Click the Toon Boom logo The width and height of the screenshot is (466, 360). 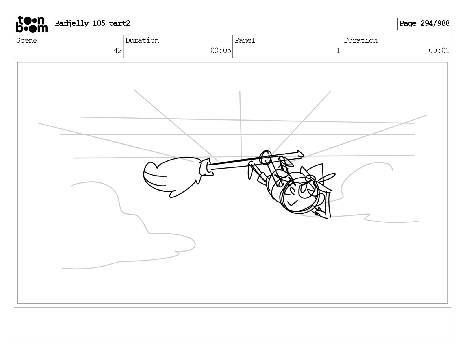[x=32, y=24]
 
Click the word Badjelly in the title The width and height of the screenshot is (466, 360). [x=72, y=23]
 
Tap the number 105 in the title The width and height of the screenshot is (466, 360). [x=99, y=23]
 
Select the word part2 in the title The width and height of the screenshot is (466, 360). [x=119, y=23]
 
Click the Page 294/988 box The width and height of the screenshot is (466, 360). [x=424, y=24]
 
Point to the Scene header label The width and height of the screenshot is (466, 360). [x=27, y=40]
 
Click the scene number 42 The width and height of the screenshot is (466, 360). [x=118, y=50]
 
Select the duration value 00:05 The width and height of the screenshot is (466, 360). [x=221, y=50]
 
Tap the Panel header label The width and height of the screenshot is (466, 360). [x=245, y=40]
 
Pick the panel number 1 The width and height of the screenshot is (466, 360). [x=338, y=50]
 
